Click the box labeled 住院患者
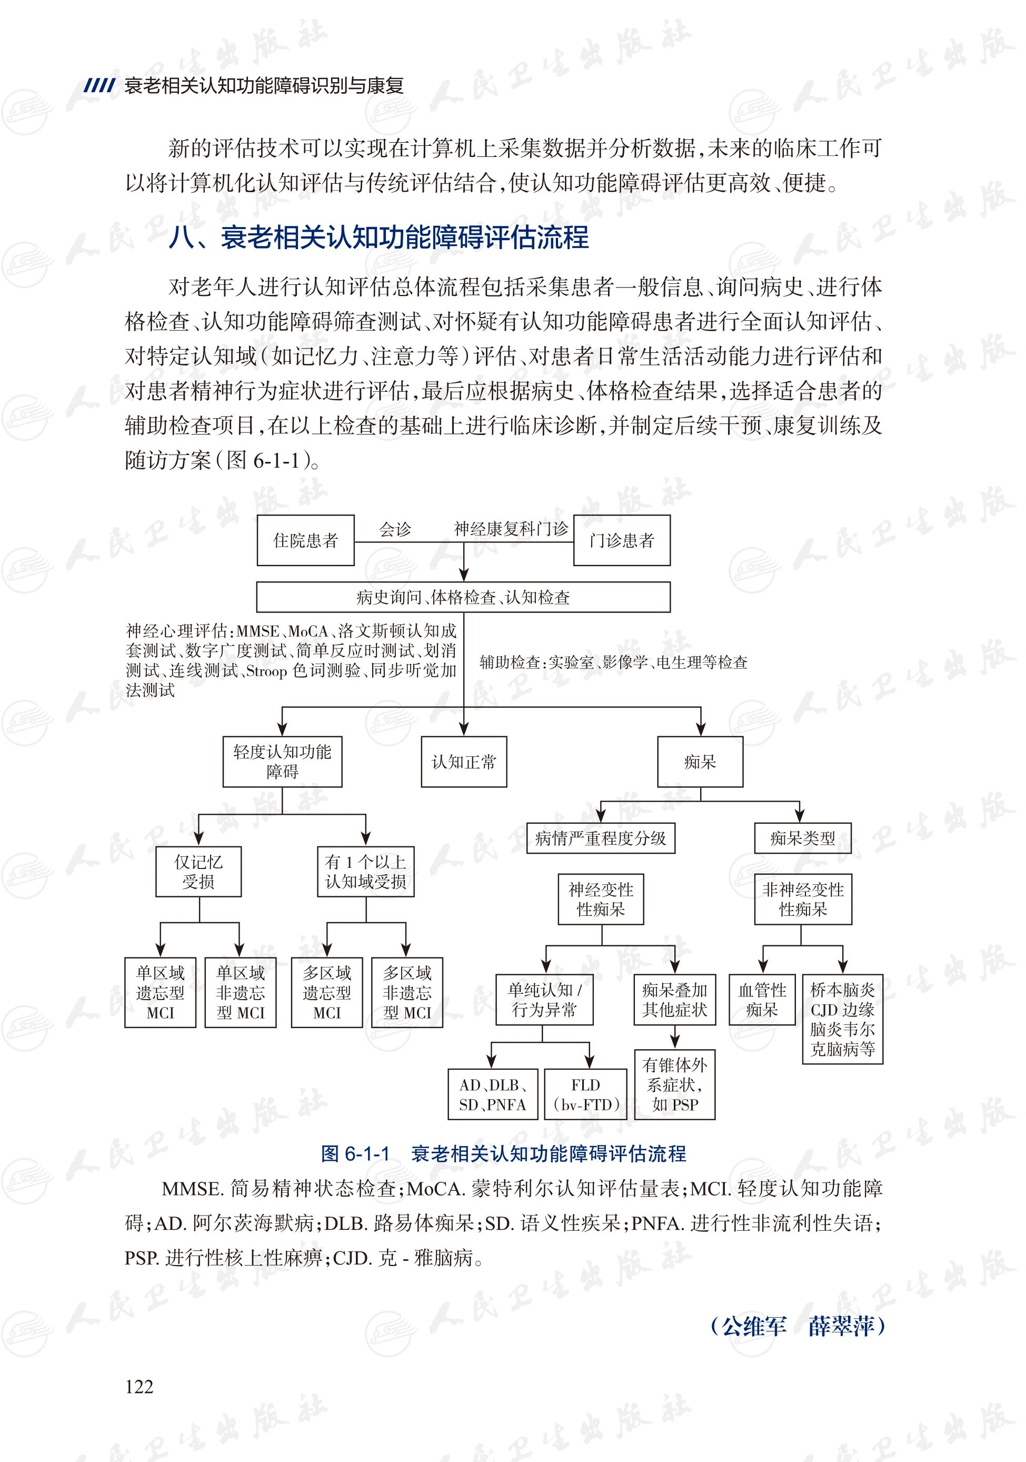tap(305, 540)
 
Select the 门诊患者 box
tap(621, 540)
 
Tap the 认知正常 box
tap(463, 762)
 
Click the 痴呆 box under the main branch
tap(700, 762)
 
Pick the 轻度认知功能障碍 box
tap(282, 762)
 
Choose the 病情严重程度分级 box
tap(600, 838)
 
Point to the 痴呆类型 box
tap(802, 838)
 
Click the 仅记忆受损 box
tap(198, 871)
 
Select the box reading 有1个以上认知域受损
tap(365, 871)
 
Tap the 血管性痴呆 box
tap(762, 999)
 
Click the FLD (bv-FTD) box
tap(585, 1094)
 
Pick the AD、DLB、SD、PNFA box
tap(493, 1094)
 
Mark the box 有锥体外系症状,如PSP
tap(675, 1084)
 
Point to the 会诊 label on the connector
tap(395, 529)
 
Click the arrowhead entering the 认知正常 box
tap(464, 730)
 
